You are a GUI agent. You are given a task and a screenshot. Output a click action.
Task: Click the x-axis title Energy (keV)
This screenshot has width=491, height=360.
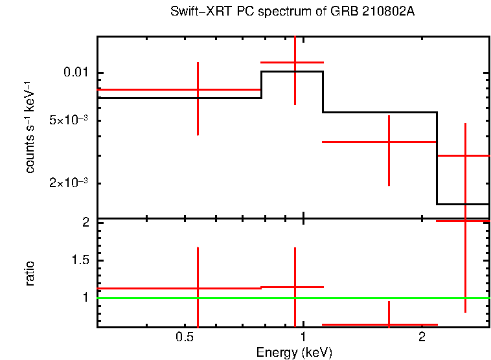pyautogui.click(x=294, y=352)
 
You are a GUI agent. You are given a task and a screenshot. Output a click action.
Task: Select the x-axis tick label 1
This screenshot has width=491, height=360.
pyautogui.click(x=303, y=338)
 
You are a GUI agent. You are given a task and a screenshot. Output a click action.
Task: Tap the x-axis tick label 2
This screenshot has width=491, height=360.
pyautogui.click(x=422, y=338)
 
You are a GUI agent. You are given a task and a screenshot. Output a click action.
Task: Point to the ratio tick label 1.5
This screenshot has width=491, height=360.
pyautogui.click(x=82, y=260)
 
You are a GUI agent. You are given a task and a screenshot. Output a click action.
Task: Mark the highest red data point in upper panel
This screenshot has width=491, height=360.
pyautogui.click(x=295, y=62)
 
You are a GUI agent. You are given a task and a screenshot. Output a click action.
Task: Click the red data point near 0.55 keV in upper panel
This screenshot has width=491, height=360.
pyautogui.click(x=198, y=89)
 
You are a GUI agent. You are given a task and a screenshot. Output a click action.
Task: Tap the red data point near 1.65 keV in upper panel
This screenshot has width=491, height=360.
pyautogui.click(x=389, y=141)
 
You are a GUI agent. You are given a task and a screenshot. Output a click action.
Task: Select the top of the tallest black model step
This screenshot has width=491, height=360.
pyautogui.click(x=292, y=72)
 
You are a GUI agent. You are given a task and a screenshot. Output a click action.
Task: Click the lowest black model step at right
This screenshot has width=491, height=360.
pyautogui.click(x=462, y=204)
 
